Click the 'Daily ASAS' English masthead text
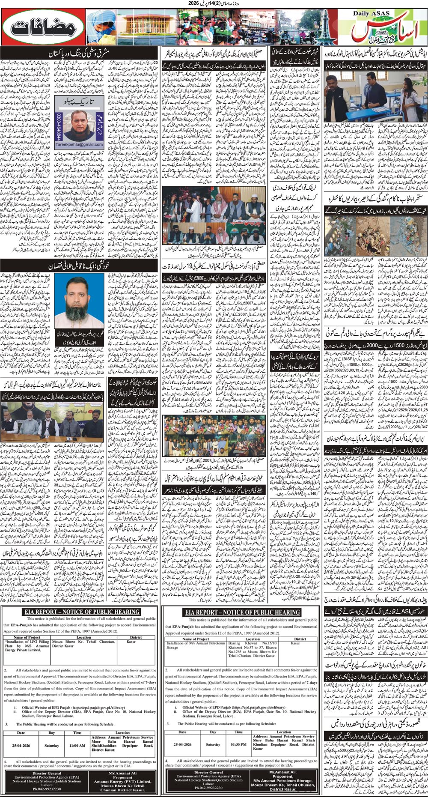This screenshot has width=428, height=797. tap(371, 14)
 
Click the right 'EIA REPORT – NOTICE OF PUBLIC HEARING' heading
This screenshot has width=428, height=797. tap(243, 612)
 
